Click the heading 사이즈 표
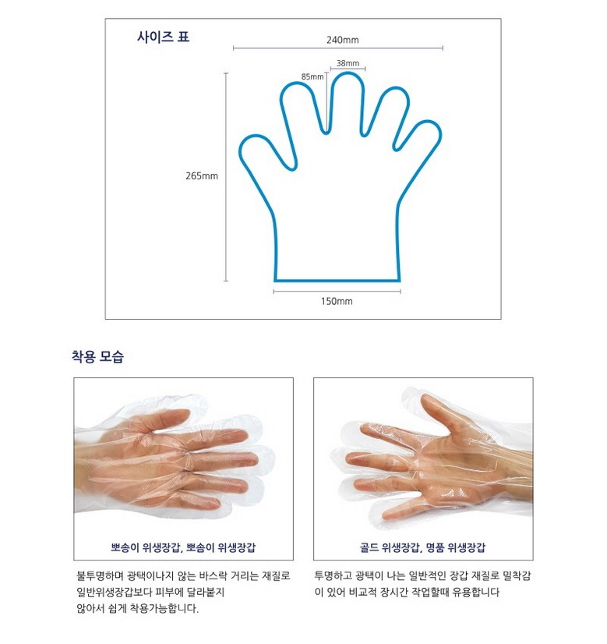pos(163,37)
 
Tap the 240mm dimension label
pos(342,40)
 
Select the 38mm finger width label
pos(348,63)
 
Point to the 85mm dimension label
pos(312,77)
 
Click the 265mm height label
pos(202,175)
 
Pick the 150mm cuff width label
pos(337,301)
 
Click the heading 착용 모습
pos(97,356)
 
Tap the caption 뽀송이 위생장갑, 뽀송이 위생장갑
pos(183,547)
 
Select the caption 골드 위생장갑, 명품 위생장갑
pos(423,547)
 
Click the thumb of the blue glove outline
pos(265,150)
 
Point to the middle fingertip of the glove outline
pos(348,73)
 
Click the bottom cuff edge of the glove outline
pos(337,281)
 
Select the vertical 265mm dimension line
pos(226,177)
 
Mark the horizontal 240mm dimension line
pos(338,48)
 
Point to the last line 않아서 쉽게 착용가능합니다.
pos(137,608)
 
